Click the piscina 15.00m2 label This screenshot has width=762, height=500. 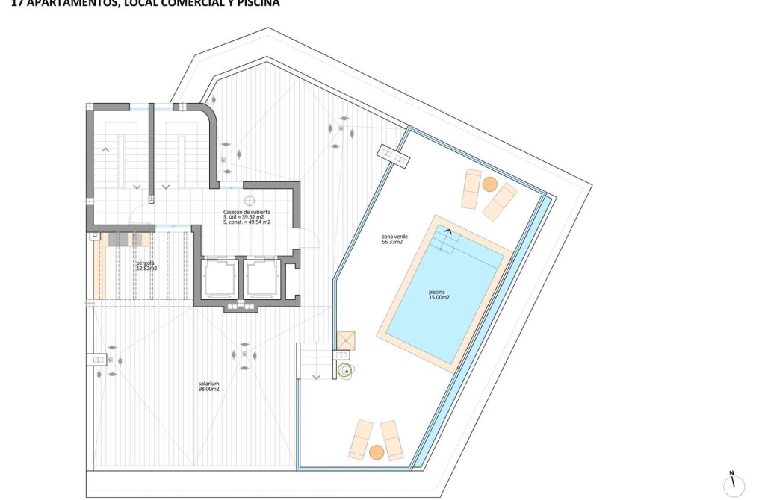[x=439, y=295]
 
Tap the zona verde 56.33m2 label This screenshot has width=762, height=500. [x=392, y=240]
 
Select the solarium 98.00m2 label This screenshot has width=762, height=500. [x=208, y=387]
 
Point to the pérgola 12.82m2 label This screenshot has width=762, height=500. [x=146, y=266]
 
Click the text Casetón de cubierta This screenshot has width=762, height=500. [x=246, y=212]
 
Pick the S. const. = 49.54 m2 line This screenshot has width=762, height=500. [x=247, y=222]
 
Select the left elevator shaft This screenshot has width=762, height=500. [x=220, y=278]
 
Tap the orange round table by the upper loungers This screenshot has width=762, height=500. [x=489, y=184]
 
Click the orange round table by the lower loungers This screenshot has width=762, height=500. [x=377, y=451]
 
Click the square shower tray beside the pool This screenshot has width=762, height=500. [x=347, y=340]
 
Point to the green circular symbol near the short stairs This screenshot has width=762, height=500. [x=345, y=370]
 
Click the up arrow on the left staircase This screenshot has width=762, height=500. [x=105, y=149]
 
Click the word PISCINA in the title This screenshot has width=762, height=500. [x=255, y=3]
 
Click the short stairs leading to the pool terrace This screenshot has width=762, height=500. [x=314, y=360]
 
